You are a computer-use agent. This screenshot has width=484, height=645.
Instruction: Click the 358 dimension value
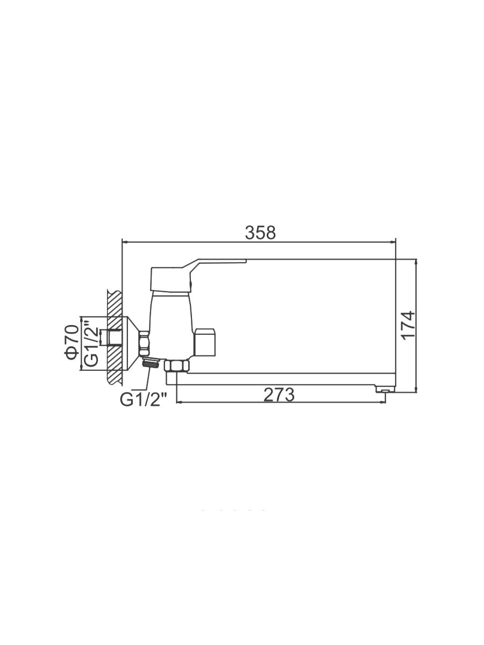tap(260, 232)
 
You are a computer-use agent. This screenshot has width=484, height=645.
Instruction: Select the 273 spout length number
tap(279, 395)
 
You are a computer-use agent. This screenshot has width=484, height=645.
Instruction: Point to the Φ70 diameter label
tap(72, 341)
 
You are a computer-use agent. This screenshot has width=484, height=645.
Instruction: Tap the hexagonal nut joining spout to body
tap(177, 367)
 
